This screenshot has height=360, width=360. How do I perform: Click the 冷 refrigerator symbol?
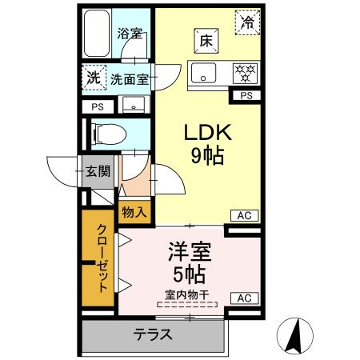click(247, 22)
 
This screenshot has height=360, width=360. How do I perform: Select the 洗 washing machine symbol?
click(94, 78)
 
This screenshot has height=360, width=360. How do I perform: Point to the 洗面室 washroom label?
click(129, 79)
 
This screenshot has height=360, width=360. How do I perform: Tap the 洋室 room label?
click(189, 252)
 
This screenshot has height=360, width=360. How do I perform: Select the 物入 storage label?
click(134, 212)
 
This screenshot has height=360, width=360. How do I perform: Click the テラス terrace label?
click(151, 334)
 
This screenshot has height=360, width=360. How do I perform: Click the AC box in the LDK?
click(245, 214)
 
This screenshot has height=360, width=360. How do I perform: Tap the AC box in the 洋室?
click(245, 298)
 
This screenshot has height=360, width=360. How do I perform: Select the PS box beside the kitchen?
click(246, 96)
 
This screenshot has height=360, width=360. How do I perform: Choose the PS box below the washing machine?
click(98, 106)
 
